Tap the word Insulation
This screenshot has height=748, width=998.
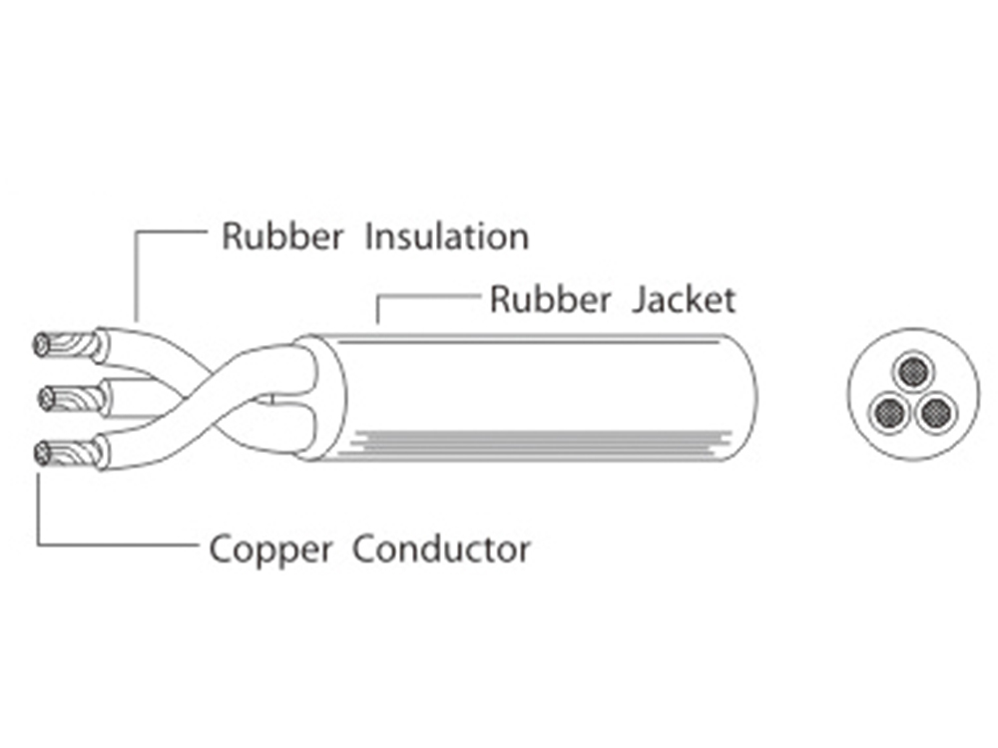point(446,237)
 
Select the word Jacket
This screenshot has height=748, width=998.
point(684,299)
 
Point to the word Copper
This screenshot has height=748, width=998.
point(268,550)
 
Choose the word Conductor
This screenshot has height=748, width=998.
point(442,549)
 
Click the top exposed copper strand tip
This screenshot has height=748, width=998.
point(43,345)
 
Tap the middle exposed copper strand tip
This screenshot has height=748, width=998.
point(47,400)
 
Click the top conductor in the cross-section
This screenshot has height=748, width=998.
point(913,372)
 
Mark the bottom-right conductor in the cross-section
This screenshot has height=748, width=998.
point(935,411)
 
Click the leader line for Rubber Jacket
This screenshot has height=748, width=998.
point(429,296)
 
